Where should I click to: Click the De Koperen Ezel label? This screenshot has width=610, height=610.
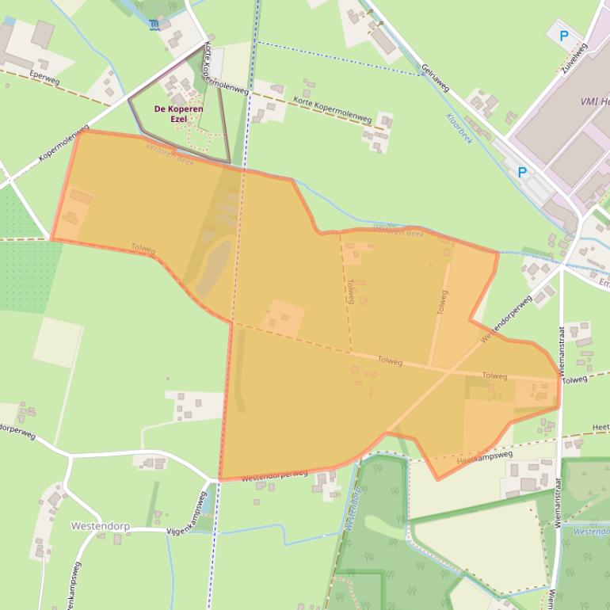click(x=178, y=113)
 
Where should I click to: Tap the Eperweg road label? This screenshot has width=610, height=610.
click(x=44, y=79)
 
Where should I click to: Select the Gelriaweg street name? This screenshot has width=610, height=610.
click(x=437, y=78)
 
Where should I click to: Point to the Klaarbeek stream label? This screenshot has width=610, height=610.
click(x=459, y=128)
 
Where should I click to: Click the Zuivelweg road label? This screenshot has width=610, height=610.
click(x=574, y=58)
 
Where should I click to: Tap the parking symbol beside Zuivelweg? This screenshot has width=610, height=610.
click(x=564, y=36)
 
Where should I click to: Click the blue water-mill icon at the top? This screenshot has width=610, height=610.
click(x=154, y=25)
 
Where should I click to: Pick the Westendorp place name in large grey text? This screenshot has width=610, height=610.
click(x=99, y=525)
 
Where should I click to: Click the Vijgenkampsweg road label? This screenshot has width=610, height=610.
click(x=186, y=514)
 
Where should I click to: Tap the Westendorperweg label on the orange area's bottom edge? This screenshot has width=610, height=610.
click(x=274, y=475)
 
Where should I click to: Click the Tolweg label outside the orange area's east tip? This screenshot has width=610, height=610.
click(x=575, y=380)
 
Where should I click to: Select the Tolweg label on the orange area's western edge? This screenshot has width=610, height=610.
click(x=143, y=249)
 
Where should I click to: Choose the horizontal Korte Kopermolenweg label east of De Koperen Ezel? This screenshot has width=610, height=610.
click(x=332, y=109)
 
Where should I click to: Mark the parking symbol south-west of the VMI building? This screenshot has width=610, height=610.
click(x=522, y=172)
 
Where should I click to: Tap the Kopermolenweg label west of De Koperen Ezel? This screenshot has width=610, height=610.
click(x=63, y=143)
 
